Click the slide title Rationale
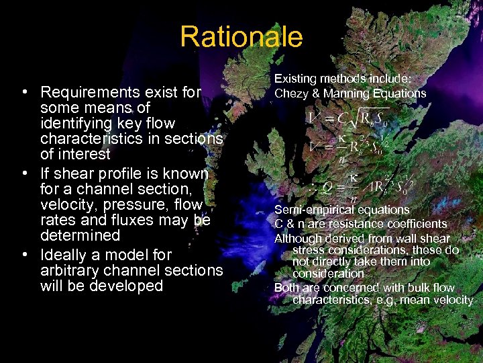tap(241, 37)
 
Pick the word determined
tap(80, 235)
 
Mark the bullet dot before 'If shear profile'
tap(24, 173)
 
